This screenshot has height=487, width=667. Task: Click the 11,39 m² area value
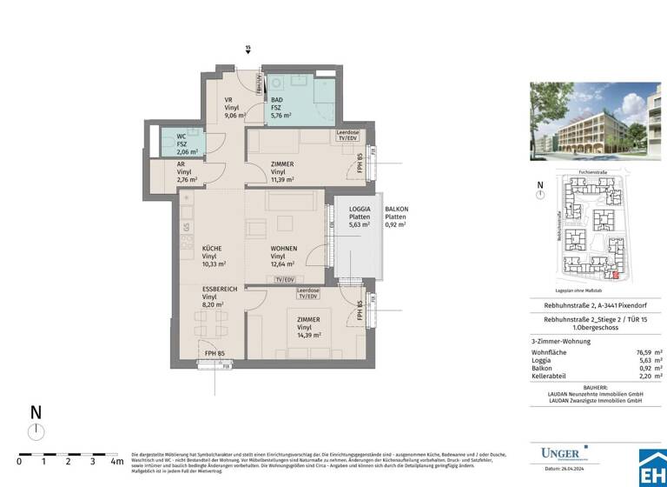(x=282, y=180)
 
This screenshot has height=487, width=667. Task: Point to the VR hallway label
(x=229, y=100)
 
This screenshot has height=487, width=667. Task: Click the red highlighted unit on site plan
(x=617, y=276)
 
